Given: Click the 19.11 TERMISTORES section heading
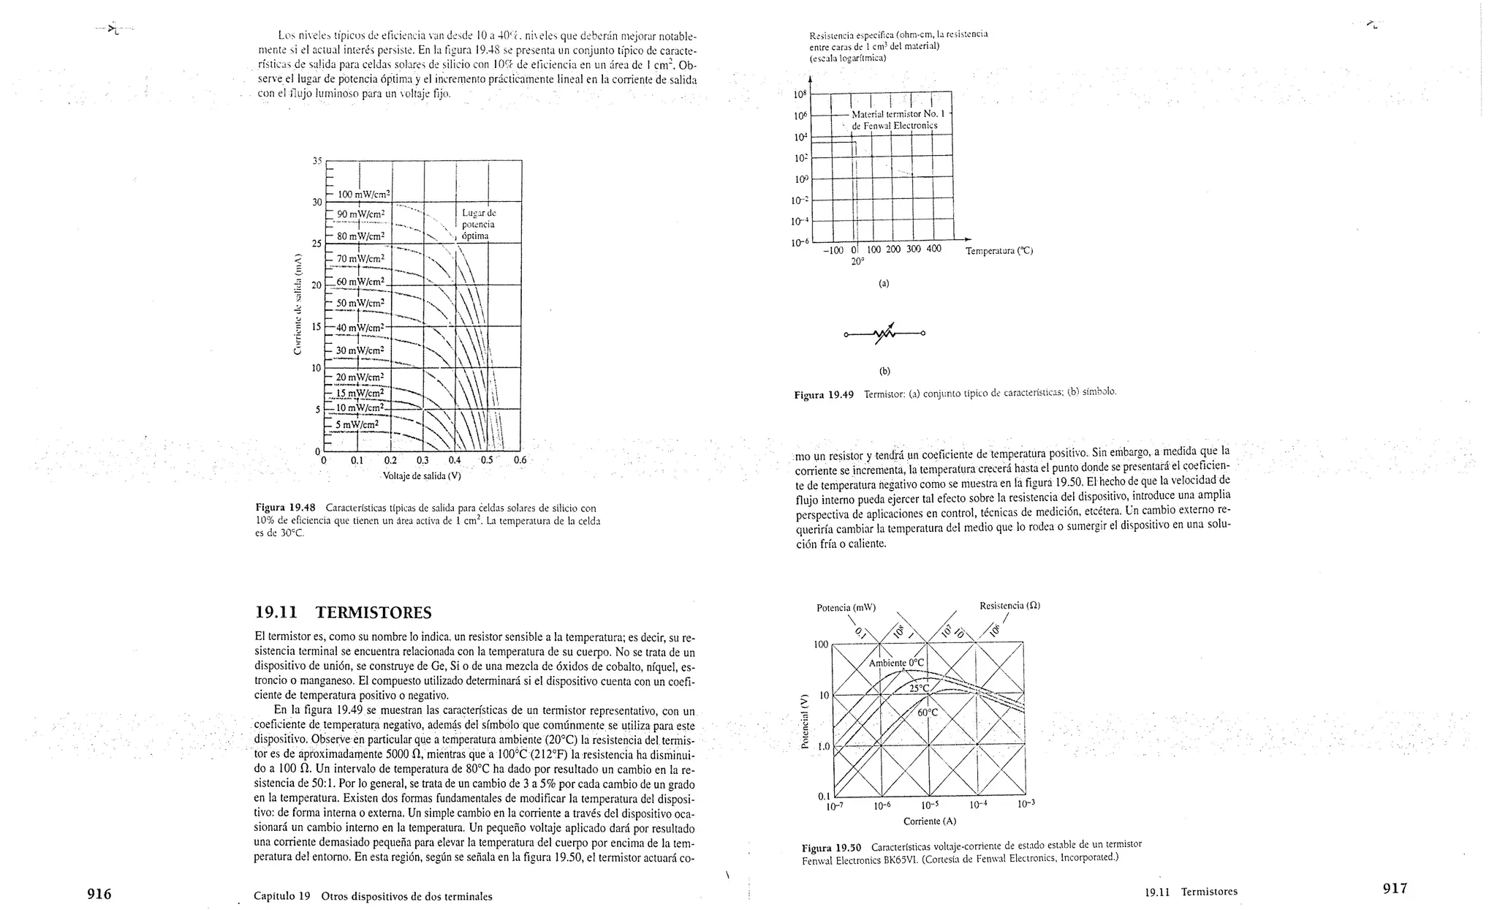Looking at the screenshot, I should (x=344, y=612).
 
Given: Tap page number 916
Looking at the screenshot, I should (x=99, y=893).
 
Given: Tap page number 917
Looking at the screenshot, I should (x=1395, y=888).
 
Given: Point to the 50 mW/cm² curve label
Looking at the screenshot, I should (x=360, y=303).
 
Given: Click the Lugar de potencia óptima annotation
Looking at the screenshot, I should (x=479, y=225).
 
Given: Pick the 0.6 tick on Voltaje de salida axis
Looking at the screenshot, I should (x=520, y=461).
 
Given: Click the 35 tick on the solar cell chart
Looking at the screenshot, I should (x=317, y=161).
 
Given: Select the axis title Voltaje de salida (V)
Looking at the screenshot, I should (x=422, y=476).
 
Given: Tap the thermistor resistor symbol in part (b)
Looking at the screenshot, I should (x=884, y=334).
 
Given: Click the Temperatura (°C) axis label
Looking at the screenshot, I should (x=998, y=251).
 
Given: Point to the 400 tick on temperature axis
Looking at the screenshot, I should (x=933, y=249).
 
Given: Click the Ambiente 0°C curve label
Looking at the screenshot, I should (x=896, y=663).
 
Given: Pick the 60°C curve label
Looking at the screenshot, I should (x=927, y=712).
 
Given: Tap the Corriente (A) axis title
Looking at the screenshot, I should (x=929, y=821).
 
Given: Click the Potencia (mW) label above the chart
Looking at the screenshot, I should (x=846, y=608).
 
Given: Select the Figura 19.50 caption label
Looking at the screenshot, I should (x=832, y=848).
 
